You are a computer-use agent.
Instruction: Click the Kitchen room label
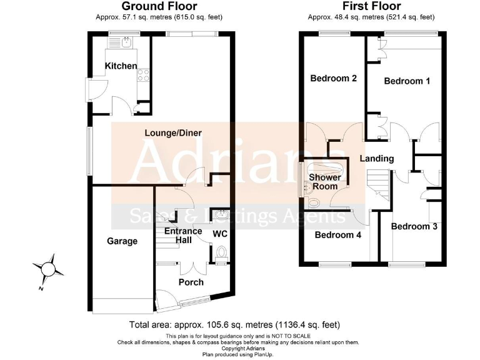coord(121,66)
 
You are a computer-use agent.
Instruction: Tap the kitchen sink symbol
coord(126,42)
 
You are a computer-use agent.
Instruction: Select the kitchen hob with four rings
coord(142,75)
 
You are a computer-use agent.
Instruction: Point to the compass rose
coord(48,269)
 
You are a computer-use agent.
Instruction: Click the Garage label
coord(122,241)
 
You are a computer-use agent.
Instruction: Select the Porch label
coord(191,282)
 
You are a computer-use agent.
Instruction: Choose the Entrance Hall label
coord(183,236)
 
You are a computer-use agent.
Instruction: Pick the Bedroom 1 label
coord(407,81)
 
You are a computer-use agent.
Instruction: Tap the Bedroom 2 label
coord(334,78)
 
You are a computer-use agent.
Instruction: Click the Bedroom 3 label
coord(414,226)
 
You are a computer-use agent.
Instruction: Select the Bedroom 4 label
coord(337,235)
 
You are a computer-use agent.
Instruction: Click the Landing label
coord(376,158)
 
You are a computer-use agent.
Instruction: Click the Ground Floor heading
coord(160,7)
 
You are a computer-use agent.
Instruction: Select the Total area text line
coord(234,324)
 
